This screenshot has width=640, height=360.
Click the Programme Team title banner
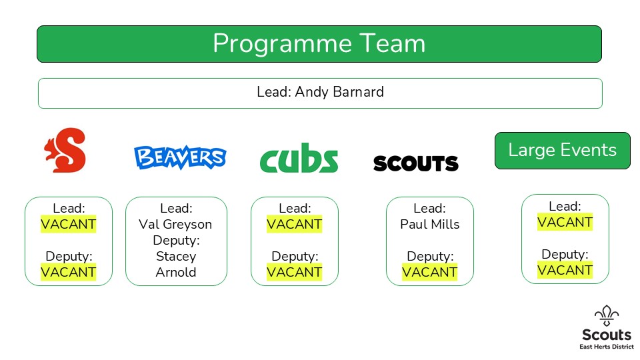tap(319, 44)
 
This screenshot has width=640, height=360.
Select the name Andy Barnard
tap(339, 92)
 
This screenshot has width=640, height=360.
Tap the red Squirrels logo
tap(65, 150)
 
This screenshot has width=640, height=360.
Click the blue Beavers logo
tap(180, 157)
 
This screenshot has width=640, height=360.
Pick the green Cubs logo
tap(299, 157)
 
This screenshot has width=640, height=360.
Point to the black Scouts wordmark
tap(416, 163)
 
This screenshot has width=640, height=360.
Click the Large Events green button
tap(563, 151)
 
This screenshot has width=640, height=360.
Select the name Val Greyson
tap(175, 224)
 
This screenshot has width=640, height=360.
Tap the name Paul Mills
tap(430, 224)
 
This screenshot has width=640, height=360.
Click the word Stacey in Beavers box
tap(176, 256)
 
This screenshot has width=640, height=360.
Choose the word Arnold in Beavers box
tap(176, 272)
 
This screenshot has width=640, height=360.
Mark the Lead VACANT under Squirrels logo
tap(69, 224)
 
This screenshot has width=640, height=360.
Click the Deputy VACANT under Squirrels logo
tap(69, 272)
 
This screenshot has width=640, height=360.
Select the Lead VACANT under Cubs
tap(294, 224)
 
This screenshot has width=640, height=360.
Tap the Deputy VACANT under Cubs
tap(294, 272)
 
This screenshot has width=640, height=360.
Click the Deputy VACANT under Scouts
tap(430, 272)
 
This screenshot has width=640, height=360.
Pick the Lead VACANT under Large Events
tap(565, 222)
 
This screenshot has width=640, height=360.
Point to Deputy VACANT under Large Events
tap(565, 270)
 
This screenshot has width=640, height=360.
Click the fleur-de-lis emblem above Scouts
tap(607, 316)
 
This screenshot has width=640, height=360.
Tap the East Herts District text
tap(607, 347)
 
